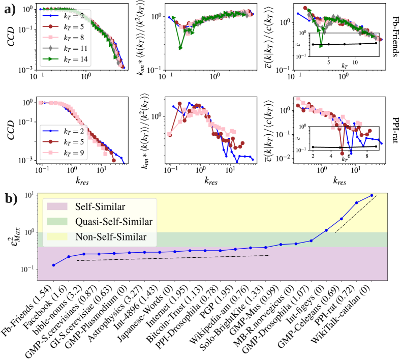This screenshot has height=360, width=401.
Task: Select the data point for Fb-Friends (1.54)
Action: click(54, 265)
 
